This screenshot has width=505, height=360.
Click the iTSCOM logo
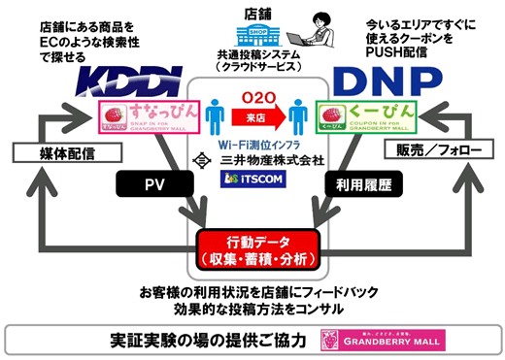point(252,180)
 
